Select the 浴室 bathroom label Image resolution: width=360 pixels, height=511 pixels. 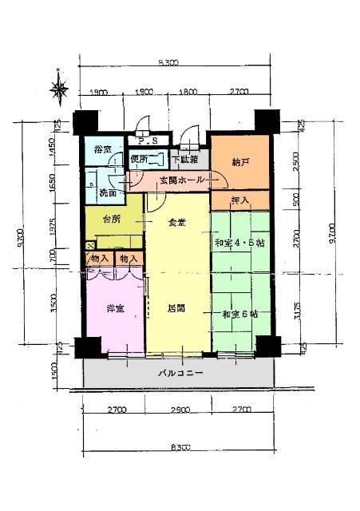(103, 150)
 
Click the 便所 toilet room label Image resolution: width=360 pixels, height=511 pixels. (139, 159)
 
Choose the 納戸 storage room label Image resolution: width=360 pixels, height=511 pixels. (239, 163)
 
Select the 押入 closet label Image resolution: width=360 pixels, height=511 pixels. (239, 199)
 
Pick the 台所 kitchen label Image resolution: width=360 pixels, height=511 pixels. (112, 220)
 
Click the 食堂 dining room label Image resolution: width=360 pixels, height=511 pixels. (176, 223)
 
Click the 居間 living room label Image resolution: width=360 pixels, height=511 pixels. (176, 307)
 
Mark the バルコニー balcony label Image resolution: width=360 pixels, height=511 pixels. (180, 373)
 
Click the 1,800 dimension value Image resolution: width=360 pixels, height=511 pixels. (188, 93)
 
